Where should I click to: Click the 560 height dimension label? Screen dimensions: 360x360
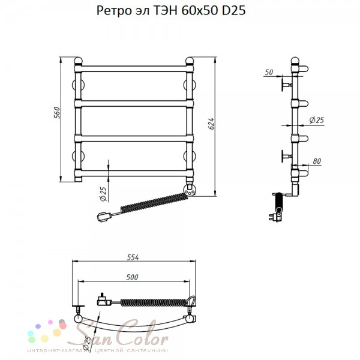[58, 113]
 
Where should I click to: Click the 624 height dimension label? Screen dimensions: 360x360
[211, 124]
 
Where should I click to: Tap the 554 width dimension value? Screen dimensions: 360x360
[133, 257]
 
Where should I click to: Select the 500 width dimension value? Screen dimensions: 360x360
[132, 277]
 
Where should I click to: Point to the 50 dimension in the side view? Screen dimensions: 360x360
[269, 73]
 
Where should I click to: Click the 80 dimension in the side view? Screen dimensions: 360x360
[317, 161]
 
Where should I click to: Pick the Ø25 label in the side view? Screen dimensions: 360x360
[317, 120]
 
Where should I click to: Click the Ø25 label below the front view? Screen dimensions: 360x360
[104, 194]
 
